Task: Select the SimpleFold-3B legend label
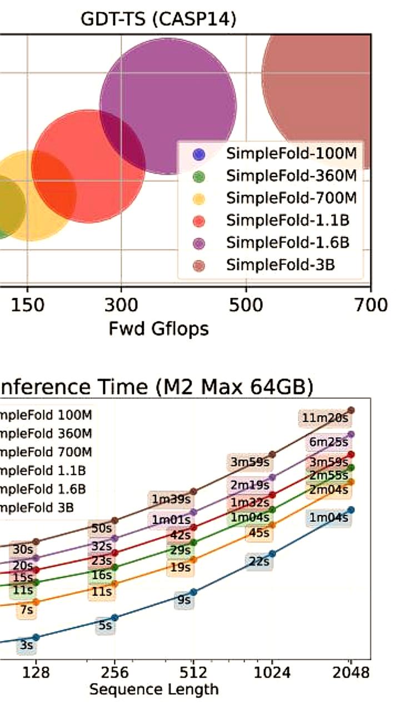coord(281,265)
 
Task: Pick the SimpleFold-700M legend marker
coord(200,198)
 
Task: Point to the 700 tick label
coord(371,305)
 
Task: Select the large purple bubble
coord(168,106)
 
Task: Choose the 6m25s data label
coord(329,443)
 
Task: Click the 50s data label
coord(102,527)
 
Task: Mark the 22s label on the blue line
coord(259,562)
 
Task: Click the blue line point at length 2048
coord(351,510)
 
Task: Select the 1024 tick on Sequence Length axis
coord(272,673)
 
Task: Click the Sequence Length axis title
coord(154,689)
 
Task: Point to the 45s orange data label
coord(259,533)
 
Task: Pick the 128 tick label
coord(36,673)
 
